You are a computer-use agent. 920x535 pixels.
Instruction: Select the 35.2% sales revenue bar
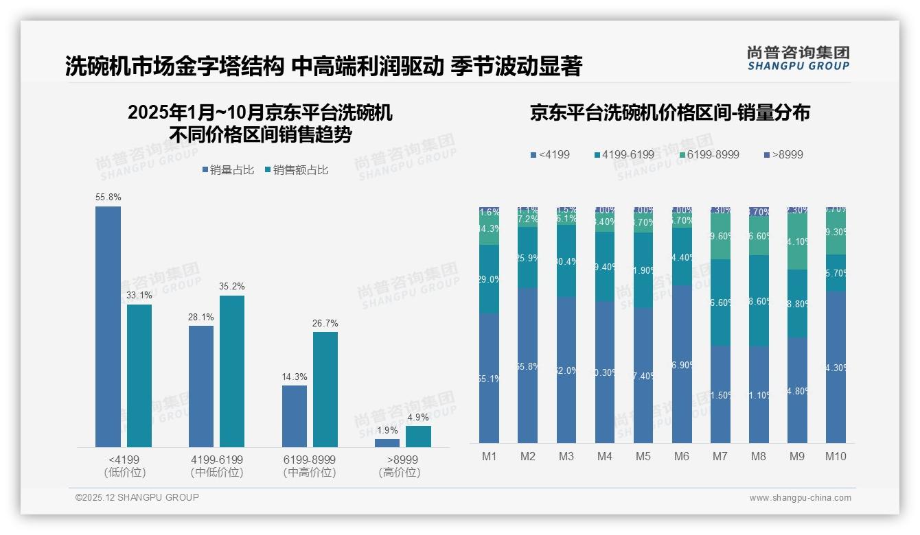[x=231, y=371]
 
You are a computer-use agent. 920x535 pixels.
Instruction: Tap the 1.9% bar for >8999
[x=387, y=443]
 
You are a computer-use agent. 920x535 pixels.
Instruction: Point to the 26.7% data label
[x=325, y=324]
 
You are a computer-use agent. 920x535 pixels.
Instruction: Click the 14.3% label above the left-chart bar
[x=295, y=377]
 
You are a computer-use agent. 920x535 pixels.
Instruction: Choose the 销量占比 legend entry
[x=228, y=170]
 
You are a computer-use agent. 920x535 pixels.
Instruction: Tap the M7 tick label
[x=720, y=457]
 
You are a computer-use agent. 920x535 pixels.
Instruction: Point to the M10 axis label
[x=836, y=457]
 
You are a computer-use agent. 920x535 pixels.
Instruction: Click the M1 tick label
[x=490, y=457]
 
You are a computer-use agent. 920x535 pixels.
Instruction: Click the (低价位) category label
[x=125, y=473]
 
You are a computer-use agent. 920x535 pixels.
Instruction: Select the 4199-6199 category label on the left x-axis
[x=217, y=460]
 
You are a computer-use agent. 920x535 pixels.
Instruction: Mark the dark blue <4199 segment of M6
[x=682, y=364]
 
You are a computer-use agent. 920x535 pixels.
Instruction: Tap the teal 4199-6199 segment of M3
[x=566, y=261]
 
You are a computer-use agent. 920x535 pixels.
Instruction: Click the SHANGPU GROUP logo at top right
[x=798, y=58]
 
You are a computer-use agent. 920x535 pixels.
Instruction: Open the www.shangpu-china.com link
[x=800, y=498]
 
